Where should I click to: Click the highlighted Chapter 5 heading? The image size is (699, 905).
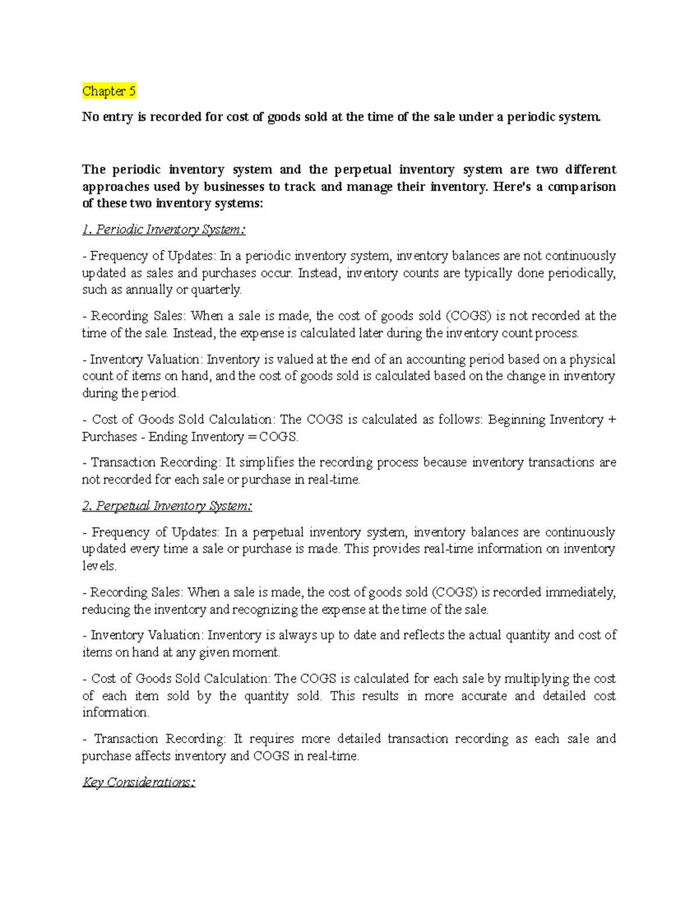(109, 91)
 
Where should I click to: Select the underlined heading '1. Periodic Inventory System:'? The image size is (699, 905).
(164, 230)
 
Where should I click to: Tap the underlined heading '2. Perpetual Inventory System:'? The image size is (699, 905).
(167, 506)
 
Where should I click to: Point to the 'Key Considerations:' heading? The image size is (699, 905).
(139, 782)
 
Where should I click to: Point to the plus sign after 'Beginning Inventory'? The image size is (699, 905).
(612, 420)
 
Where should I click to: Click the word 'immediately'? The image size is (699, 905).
(580, 593)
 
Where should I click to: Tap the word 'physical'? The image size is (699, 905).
(592, 360)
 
